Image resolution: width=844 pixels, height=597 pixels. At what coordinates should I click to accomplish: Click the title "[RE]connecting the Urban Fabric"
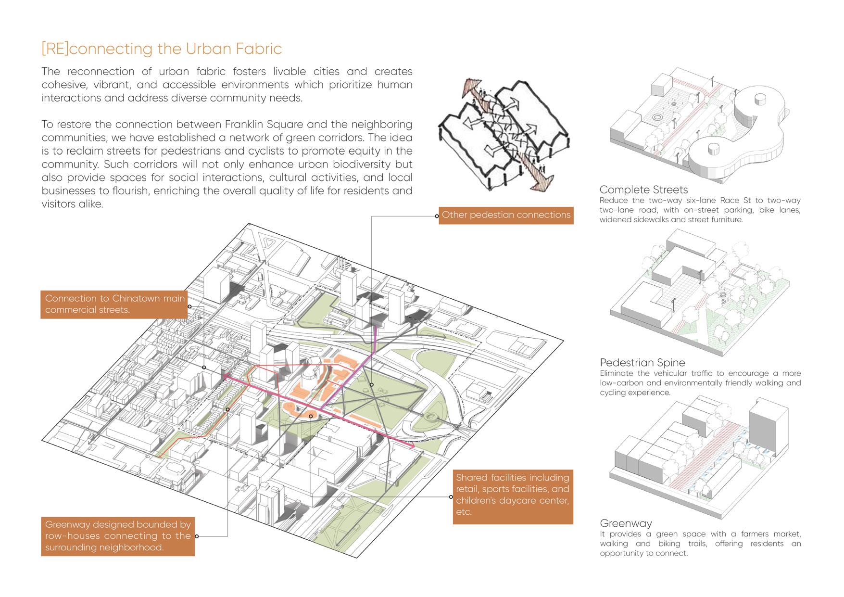[x=162, y=49]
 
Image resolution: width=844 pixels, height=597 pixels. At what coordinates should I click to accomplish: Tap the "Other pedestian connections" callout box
[x=506, y=215]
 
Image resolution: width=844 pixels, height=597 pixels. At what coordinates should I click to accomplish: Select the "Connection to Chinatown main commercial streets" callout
[x=114, y=304]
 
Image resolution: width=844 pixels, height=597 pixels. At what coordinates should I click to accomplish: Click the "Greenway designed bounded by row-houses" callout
[x=118, y=535]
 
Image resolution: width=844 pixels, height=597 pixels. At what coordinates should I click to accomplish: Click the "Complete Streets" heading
[x=643, y=190]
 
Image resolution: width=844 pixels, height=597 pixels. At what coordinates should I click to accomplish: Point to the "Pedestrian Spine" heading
[x=642, y=363]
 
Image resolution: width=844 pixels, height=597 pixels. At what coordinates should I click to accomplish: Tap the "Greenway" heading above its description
[x=626, y=523]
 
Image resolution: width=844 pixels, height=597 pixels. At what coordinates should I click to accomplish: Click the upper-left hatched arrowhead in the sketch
[x=469, y=88]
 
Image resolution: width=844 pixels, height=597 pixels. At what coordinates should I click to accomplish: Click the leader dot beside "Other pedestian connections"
[x=437, y=216]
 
